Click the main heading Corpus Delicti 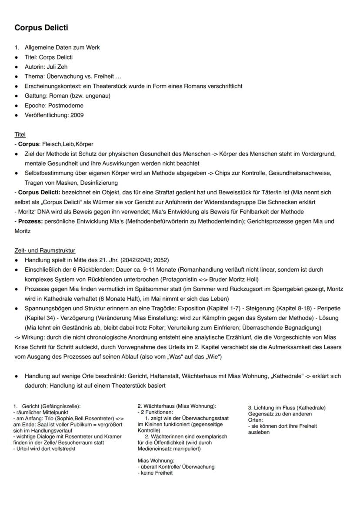(x=41, y=28)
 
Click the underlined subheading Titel (x=20, y=134)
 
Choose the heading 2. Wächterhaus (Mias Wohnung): (x=177, y=406)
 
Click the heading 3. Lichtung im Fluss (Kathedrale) (x=287, y=408)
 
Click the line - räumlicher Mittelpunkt (x=41, y=412)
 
